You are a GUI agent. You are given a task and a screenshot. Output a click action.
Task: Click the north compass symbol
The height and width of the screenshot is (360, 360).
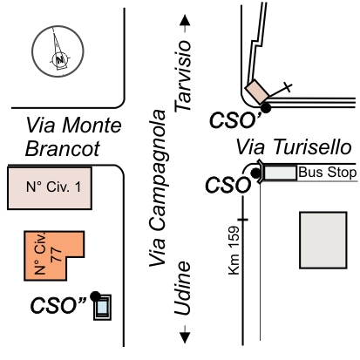point(58,51)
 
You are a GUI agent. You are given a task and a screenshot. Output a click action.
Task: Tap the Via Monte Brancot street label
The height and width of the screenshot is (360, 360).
point(73,137)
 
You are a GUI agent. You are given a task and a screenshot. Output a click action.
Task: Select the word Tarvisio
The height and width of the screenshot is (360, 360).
point(183,76)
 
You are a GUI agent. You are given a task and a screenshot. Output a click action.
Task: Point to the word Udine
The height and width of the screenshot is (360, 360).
point(182,289)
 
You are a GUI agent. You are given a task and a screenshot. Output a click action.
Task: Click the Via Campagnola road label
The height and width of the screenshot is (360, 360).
point(157,188)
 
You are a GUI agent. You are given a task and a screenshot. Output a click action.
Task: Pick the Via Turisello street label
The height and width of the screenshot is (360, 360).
point(294,146)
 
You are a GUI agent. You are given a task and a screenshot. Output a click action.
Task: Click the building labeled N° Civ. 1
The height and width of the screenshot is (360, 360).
point(50,188)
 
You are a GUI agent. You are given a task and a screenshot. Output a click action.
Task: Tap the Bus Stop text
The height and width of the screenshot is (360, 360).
point(328,172)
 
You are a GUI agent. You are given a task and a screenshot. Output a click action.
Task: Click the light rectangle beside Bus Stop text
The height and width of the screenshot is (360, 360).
point(280,173)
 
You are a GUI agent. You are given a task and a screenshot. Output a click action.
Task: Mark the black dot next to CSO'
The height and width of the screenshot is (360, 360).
point(266,108)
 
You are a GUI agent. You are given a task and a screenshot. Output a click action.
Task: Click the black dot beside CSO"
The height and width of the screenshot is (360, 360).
point(95,296)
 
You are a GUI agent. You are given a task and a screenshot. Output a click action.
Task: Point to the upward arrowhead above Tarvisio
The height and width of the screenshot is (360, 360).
point(185,20)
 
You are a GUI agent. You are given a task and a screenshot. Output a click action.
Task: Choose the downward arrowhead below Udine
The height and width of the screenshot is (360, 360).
point(185,337)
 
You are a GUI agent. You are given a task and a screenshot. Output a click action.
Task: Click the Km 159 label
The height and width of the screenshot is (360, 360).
point(234,250)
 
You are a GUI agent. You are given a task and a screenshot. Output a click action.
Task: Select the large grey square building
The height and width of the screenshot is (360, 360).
point(323,241)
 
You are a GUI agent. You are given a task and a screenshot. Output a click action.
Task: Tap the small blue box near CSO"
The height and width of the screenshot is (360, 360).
point(102,308)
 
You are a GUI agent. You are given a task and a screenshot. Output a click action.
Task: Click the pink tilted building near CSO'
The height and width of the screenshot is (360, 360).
point(257,92)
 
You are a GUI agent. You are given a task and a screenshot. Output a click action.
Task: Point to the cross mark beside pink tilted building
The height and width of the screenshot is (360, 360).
point(288,87)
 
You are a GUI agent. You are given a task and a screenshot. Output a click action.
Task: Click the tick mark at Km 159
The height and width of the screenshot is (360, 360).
point(243,220)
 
